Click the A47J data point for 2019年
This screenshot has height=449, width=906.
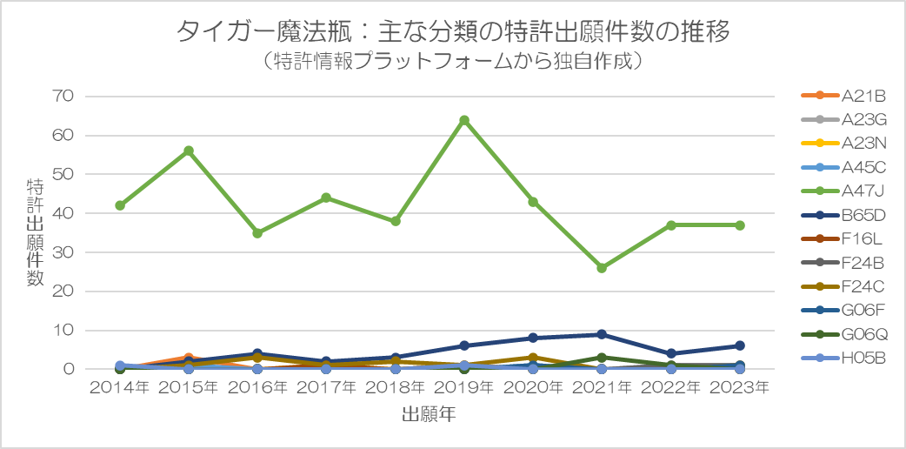coord(464,120)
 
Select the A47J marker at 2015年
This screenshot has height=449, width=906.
coord(189,151)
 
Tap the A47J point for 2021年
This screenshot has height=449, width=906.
coord(602,268)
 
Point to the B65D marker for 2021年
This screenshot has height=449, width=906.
coord(602,334)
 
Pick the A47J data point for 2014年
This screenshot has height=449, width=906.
coord(120,205)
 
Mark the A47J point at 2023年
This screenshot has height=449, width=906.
coord(740,225)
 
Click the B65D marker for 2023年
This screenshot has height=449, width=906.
coord(740,345)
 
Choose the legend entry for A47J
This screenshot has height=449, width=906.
coord(843,191)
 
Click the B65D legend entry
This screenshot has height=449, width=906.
coord(843,215)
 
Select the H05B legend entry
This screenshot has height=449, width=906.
coord(843,359)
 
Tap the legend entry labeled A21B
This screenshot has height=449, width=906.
coord(843,95)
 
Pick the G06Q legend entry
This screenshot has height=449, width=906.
coord(843,334)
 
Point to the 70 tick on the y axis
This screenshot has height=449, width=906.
coord(64,96)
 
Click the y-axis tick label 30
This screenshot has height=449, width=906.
coord(64,252)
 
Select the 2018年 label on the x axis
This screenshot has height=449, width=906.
coord(396,388)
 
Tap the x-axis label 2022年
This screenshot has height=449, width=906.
coord(671,388)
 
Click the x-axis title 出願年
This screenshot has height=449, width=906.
coord(429,415)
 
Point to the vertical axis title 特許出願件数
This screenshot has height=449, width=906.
coord(35,232)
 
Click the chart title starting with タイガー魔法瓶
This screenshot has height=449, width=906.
coord(452,32)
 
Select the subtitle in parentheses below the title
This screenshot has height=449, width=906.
coord(452,61)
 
